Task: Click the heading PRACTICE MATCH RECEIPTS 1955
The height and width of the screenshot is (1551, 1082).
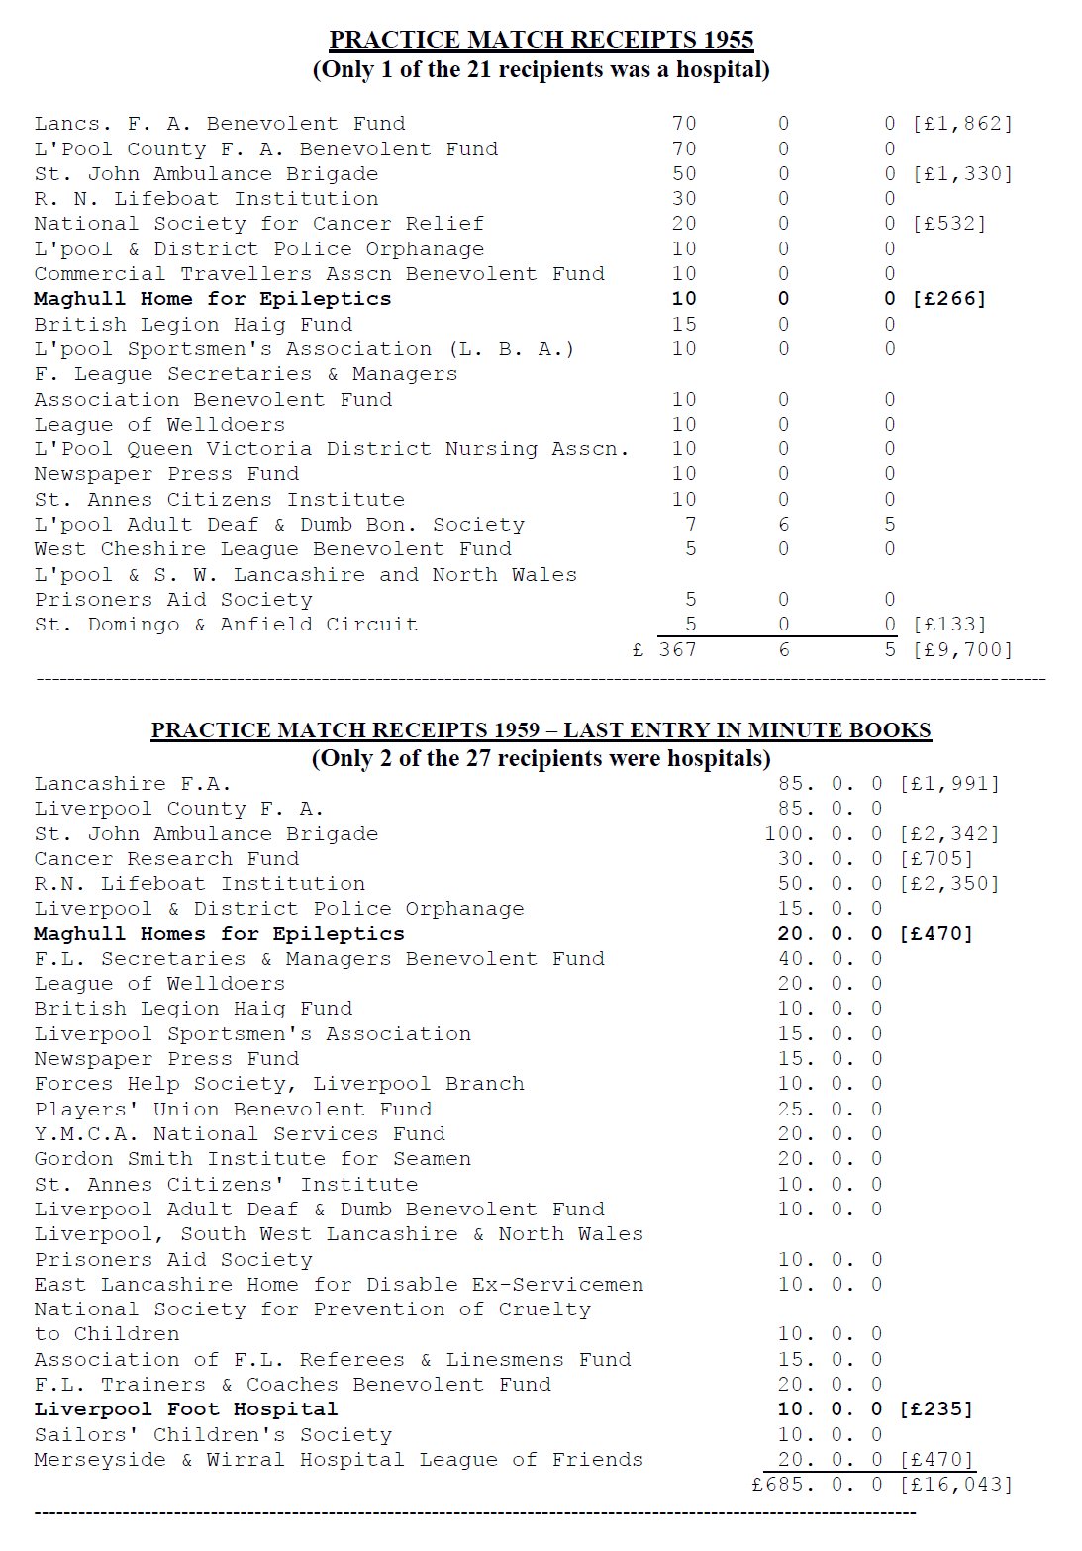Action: pyautogui.click(x=541, y=40)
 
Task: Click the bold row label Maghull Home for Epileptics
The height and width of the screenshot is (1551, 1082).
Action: pyautogui.click(x=212, y=299)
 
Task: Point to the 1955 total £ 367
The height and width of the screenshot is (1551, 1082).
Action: pyautogui.click(x=665, y=650)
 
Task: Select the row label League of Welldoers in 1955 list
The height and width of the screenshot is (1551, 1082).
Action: pyautogui.click(x=159, y=425)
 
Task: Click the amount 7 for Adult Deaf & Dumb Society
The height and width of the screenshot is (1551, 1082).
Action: pyautogui.click(x=690, y=525)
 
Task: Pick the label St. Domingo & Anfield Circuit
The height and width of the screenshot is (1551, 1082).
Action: pyautogui.click(x=226, y=625)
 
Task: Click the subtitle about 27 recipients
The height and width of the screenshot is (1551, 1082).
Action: pyautogui.click(x=541, y=759)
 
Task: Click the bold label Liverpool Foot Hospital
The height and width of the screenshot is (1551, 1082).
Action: pyautogui.click(x=185, y=1409)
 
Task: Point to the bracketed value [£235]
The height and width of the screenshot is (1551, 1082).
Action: pyautogui.click(x=935, y=1409)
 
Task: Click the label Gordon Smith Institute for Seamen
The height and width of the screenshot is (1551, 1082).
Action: pyautogui.click(x=252, y=1159)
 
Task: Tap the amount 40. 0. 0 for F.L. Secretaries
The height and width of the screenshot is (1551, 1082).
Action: pyautogui.click(x=830, y=959)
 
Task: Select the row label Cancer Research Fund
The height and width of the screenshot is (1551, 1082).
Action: pyautogui.click(x=166, y=859)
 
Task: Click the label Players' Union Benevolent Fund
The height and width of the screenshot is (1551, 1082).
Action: pyautogui.click(x=233, y=1110)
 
